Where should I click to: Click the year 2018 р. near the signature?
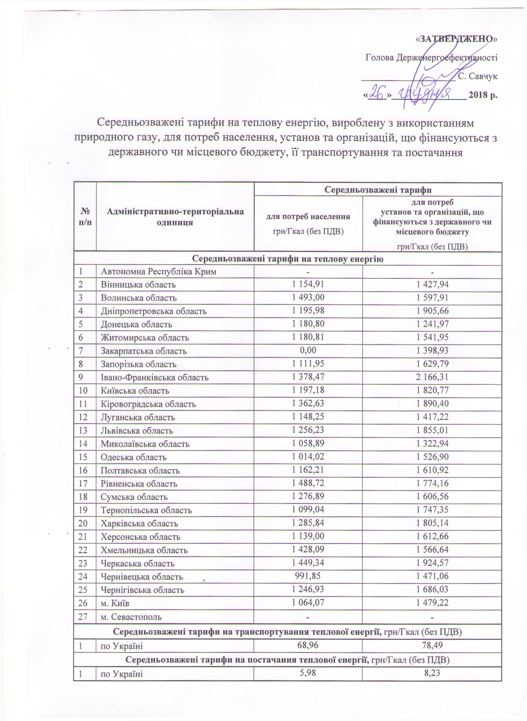(482, 95)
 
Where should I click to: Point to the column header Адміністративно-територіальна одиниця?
(175, 217)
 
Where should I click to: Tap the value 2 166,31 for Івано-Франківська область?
(432, 377)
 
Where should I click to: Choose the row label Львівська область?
(137, 431)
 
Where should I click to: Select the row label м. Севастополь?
(131, 617)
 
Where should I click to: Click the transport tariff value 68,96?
(308, 646)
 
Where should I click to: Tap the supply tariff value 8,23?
(432, 674)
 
